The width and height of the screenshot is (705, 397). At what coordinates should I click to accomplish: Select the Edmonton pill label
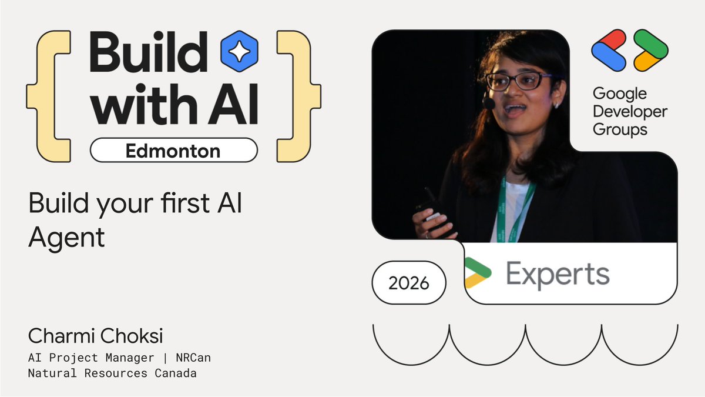tap(173, 150)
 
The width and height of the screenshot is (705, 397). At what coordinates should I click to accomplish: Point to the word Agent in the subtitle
tap(66, 238)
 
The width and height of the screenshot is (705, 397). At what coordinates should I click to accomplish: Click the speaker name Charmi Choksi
tap(95, 336)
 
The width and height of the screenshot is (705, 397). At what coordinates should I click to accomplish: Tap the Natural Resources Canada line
tap(112, 373)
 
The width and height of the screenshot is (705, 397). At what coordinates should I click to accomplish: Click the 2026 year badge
tap(409, 283)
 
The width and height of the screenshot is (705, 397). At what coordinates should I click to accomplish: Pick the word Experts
tap(557, 275)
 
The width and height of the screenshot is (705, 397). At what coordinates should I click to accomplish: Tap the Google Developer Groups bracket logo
tap(629, 49)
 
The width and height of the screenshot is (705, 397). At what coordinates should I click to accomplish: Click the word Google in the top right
tap(619, 94)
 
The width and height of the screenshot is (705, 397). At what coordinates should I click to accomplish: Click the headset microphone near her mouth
tap(488, 103)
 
